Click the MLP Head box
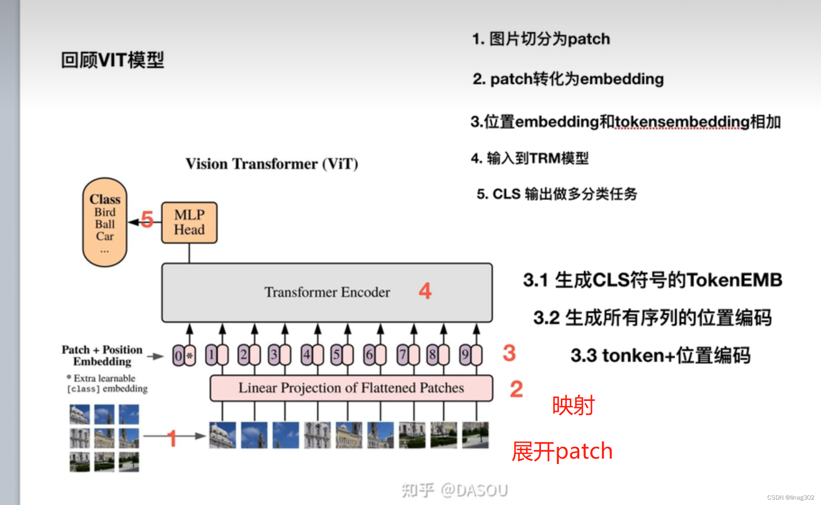click(189, 223)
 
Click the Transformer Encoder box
click(327, 292)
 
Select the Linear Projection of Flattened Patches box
click(351, 388)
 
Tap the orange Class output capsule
click(105, 222)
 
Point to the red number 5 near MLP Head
click(147, 219)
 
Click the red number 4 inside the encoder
click(425, 291)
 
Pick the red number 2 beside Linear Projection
click(516, 389)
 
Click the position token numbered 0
click(179, 355)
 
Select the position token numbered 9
click(465, 355)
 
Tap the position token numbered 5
click(336, 355)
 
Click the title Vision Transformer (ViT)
click(272, 164)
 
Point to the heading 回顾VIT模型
click(112, 60)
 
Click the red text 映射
click(573, 405)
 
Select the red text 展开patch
click(562, 451)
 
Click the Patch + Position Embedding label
click(102, 355)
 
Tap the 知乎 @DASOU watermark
click(454, 490)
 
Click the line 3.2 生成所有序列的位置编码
click(652, 318)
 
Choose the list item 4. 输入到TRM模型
click(530, 158)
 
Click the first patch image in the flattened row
click(222, 435)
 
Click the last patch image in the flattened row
click(475, 435)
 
